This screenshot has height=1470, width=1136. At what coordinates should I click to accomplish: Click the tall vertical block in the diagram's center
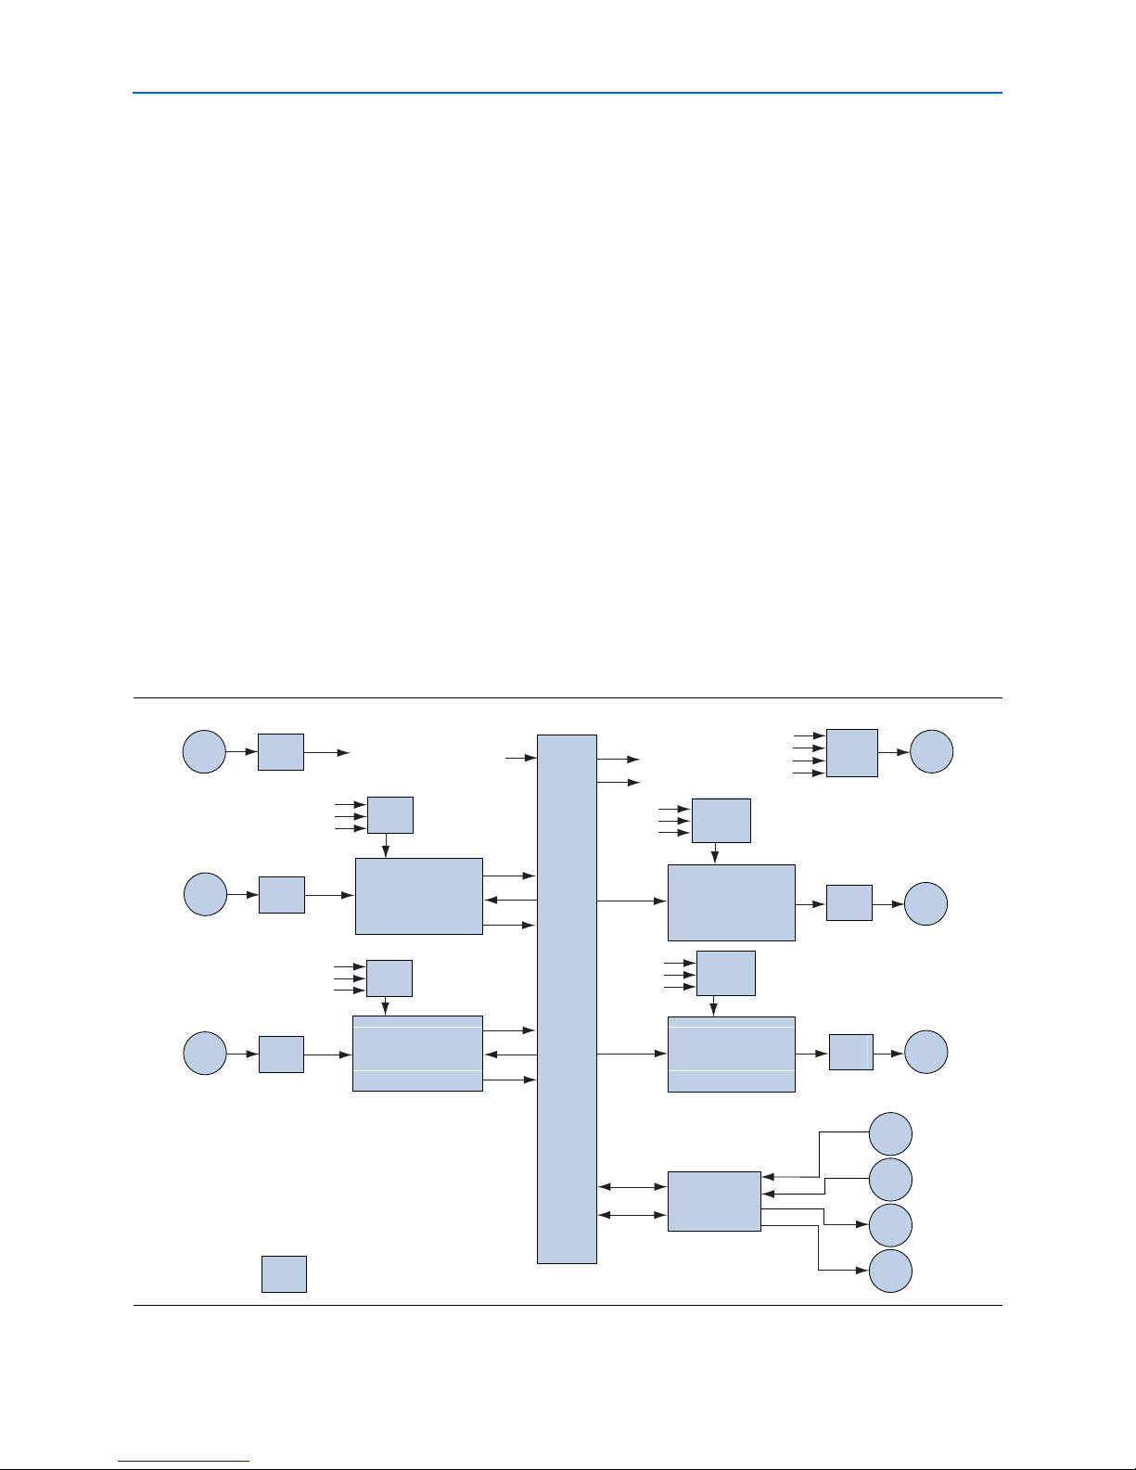(x=567, y=998)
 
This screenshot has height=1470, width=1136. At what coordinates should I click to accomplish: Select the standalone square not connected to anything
(x=284, y=1273)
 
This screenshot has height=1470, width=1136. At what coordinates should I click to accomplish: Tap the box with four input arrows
(x=851, y=752)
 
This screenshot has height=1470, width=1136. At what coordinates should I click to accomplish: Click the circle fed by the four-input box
(x=931, y=751)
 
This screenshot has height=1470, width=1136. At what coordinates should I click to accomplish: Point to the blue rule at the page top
(x=567, y=93)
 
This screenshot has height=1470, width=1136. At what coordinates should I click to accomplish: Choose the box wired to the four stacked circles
(x=714, y=1201)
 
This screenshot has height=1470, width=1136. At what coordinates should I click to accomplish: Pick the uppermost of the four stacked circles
(x=890, y=1133)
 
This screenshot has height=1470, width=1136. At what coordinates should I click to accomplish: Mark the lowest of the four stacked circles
(x=890, y=1271)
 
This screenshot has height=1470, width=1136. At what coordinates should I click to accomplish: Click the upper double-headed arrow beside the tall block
(x=632, y=1186)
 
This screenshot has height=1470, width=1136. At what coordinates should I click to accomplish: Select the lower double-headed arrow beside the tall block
(x=632, y=1215)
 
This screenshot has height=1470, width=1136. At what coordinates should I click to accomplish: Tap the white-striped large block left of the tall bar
(x=417, y=1054)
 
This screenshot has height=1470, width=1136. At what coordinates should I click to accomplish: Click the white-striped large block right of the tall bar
(x=732, y=1054)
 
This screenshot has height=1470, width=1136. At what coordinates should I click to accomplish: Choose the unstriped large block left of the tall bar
(x=419, y=896)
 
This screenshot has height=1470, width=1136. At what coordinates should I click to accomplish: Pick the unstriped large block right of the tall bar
(x=732, y=902)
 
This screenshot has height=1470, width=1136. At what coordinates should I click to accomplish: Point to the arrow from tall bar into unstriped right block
(x=632, y=901)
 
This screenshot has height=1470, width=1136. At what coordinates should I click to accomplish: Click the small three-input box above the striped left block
(x=389, y=978)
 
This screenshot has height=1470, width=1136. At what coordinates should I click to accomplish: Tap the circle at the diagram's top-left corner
(x=204, y=751)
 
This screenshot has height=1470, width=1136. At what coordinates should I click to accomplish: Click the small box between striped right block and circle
(x=850, y=1052)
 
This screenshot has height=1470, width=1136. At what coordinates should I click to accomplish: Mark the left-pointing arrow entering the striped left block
(x=510, y=1055)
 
